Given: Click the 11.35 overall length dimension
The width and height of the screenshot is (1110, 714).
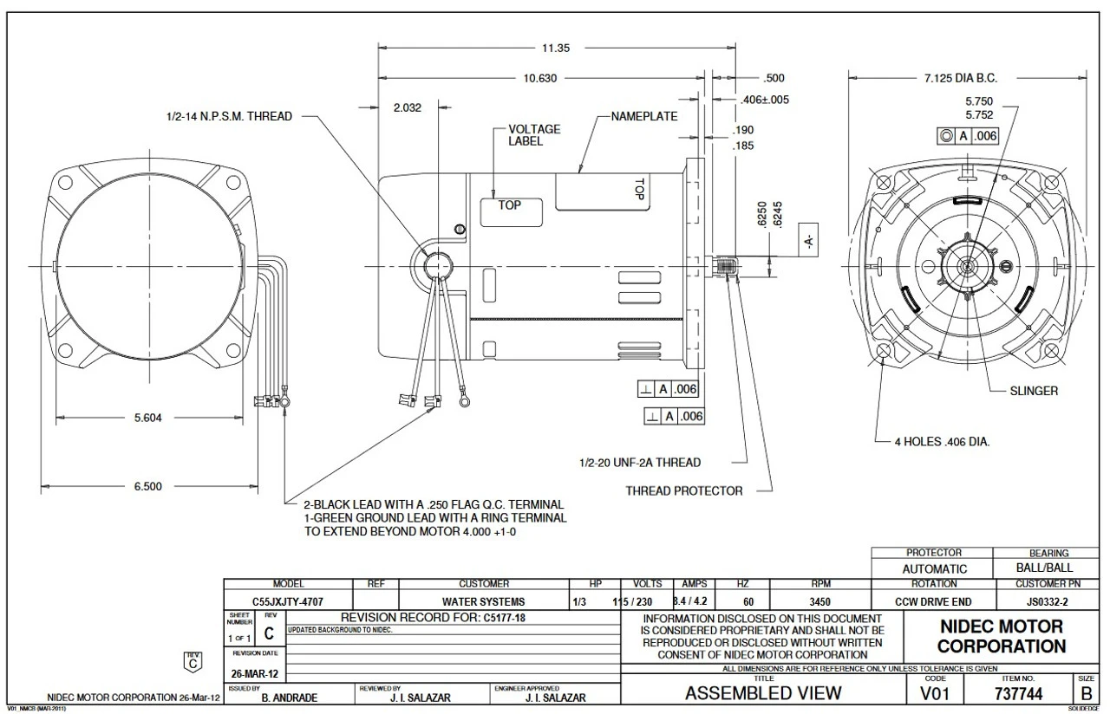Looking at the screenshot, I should coord(557,49).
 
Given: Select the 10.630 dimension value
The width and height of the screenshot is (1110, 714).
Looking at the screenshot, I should coord(541,78).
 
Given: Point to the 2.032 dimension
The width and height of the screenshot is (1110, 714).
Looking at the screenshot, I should coord(408,108).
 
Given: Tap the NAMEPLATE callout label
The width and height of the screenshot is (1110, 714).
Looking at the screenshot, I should coord(643,115).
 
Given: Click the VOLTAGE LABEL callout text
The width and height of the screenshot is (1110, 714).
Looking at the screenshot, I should coord(534,135).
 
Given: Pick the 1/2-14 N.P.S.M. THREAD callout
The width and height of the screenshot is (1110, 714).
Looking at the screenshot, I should coord(229,116).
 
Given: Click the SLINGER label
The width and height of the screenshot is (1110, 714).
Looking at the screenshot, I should coord(1034,391).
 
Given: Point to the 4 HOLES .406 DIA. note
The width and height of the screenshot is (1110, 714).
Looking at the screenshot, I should coord(942,441).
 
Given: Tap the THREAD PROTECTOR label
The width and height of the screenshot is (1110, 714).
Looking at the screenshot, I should coord(684,491).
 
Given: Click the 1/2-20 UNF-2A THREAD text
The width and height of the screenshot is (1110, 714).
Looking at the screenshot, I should coord(640,463).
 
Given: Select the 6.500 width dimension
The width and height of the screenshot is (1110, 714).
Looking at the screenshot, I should coord(147,486).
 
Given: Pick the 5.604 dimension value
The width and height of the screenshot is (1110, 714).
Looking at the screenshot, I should coord(147,418).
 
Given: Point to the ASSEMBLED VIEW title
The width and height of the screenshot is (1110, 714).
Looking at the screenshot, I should coord(762,693).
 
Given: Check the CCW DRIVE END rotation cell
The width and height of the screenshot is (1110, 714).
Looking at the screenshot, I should coord(933,601).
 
